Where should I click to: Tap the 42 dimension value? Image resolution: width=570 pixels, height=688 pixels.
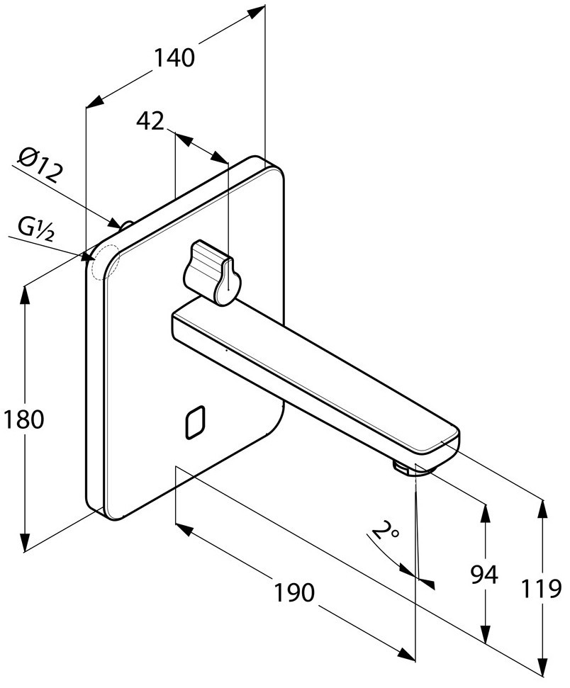(150, 122)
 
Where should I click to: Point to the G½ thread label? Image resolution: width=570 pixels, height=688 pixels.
(36, 228)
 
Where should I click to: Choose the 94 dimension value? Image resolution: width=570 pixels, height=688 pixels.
(484, 575)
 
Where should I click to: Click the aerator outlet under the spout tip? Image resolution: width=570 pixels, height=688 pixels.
(403, 468)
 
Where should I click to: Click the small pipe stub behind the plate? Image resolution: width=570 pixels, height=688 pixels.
(127, 226)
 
